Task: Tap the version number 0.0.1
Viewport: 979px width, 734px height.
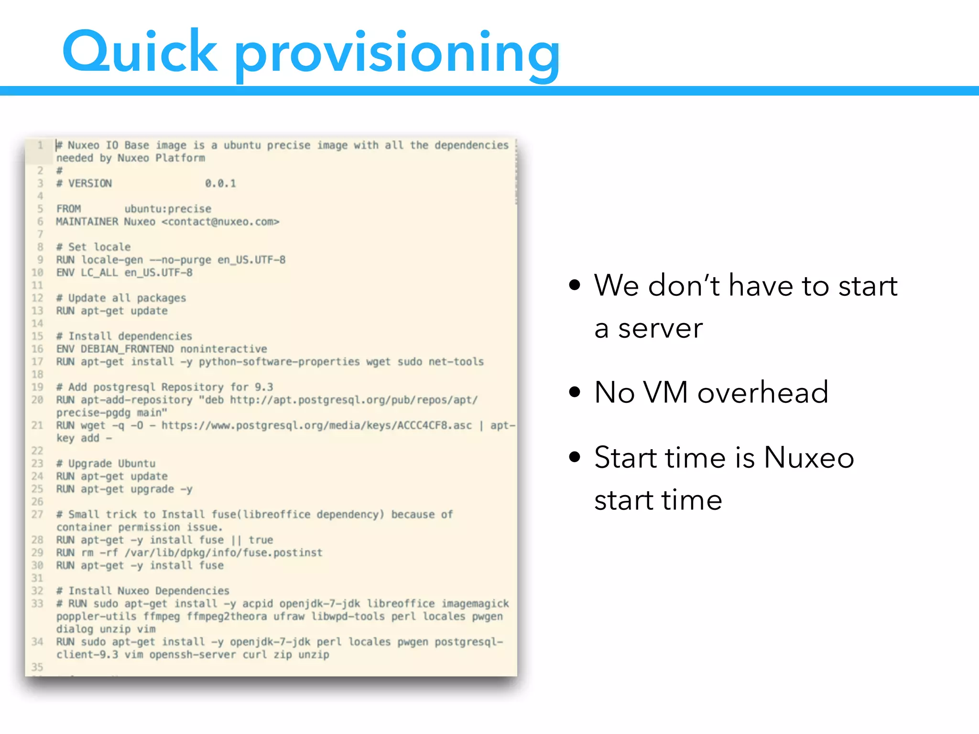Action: point(220,183)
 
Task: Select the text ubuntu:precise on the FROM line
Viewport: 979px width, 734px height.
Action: point(168,209)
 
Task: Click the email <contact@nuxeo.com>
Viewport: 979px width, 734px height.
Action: point(220,222)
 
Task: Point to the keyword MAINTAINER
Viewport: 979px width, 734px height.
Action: point(87,222)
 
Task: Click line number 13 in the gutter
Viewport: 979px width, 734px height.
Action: point(38,311)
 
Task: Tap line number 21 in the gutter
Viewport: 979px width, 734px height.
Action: point(38,425)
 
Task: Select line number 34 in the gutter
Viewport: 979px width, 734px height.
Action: point(38,642)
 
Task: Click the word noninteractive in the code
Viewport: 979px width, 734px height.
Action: point(224,349)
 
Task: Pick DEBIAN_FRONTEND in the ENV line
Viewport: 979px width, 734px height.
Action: point(127,349)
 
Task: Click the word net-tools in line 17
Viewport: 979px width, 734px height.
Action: point(456,362)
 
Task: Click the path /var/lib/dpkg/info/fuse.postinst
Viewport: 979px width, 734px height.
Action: point(223,553)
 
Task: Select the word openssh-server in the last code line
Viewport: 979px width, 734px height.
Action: point(193,655)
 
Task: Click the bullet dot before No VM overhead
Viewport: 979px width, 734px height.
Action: point(575,392)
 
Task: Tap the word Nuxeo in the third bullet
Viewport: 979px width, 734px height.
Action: point(809,457)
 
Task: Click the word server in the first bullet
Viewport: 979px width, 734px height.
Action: point(660,329)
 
